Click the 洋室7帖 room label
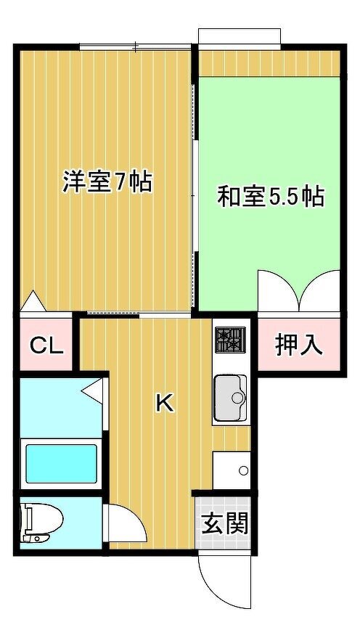click(107, 182)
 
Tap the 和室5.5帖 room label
click(271, 197)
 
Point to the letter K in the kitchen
click(165, 404)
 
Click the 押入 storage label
click(299, 345)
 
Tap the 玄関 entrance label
click(225, 523)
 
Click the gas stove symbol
click(230, 340)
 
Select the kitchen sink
click(230, 398)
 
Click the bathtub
click(61, 464)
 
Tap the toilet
click(41, 522)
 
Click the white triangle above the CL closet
click(32, 301)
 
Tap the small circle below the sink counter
click(243, 471)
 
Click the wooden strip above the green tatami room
click(269, 63)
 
